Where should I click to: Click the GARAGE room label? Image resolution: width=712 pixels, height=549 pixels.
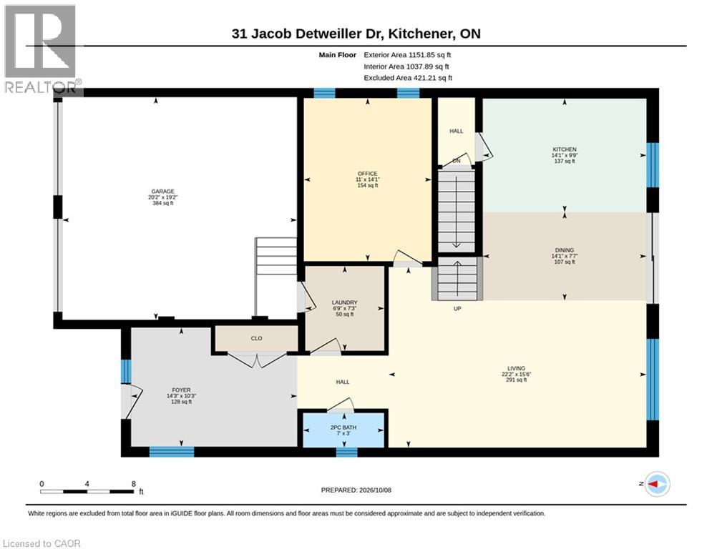[163, 192]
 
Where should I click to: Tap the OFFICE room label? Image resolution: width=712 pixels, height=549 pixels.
[367, 174]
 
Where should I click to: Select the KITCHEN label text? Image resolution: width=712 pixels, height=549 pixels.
[565, 149]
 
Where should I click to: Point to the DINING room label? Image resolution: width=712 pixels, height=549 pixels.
[565, 250]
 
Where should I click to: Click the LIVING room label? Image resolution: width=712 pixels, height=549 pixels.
[517, 368]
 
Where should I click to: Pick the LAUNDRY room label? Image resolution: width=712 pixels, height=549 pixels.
[345, 302]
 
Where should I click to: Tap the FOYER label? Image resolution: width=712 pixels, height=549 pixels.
[181, 390]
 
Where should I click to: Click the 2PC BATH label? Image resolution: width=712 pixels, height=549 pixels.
[343, 427]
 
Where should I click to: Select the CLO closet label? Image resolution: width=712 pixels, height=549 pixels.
[257, 338]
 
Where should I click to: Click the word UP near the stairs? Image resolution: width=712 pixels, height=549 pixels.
[457, 309]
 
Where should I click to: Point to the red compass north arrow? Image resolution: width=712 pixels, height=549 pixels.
[654, 484]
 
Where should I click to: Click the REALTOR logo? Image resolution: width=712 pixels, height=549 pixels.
[41, 49]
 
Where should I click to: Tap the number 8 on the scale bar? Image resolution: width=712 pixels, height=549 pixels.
[134, 484]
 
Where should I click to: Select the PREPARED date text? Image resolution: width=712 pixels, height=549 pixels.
[356, 490]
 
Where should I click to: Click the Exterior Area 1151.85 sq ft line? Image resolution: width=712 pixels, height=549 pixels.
[407, 55]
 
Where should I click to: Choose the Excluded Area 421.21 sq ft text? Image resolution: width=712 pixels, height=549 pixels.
[408, 78]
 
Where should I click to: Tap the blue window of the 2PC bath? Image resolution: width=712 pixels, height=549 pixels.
[346, 452]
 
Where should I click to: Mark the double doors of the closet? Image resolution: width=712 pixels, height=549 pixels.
[257, 361]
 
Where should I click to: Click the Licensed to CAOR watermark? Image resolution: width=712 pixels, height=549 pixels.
[42, 543]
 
